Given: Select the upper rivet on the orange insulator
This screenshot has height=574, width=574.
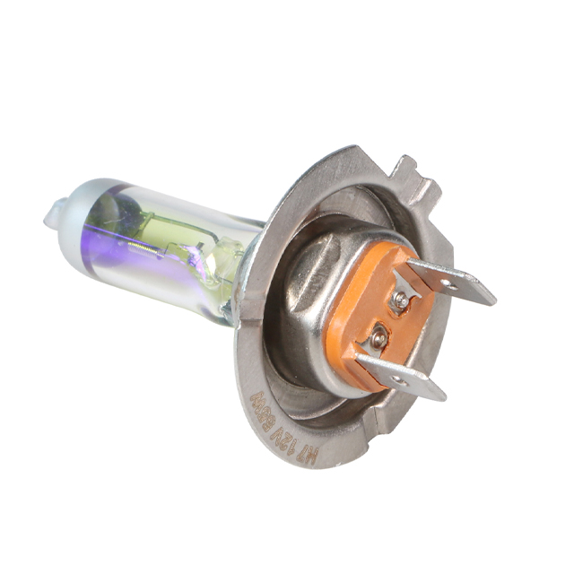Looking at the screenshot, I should point(401,303).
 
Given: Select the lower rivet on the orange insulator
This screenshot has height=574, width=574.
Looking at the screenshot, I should point(380,338).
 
